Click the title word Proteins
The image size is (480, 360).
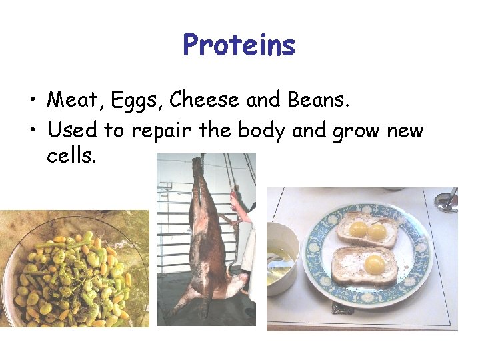pyautogui.click(x=239, y=45)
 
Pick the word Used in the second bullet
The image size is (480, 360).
pyautogui.click(x=72, y=130)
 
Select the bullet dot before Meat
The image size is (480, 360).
pyautogui.click(x=32, y=101)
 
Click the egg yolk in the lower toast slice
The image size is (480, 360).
pyautogui.click(x=374, y=263)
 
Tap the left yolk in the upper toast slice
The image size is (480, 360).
pyautogui.click(x=359, y=230)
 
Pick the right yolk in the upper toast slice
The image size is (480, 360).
pyautogui.click(x=377, y=231)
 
